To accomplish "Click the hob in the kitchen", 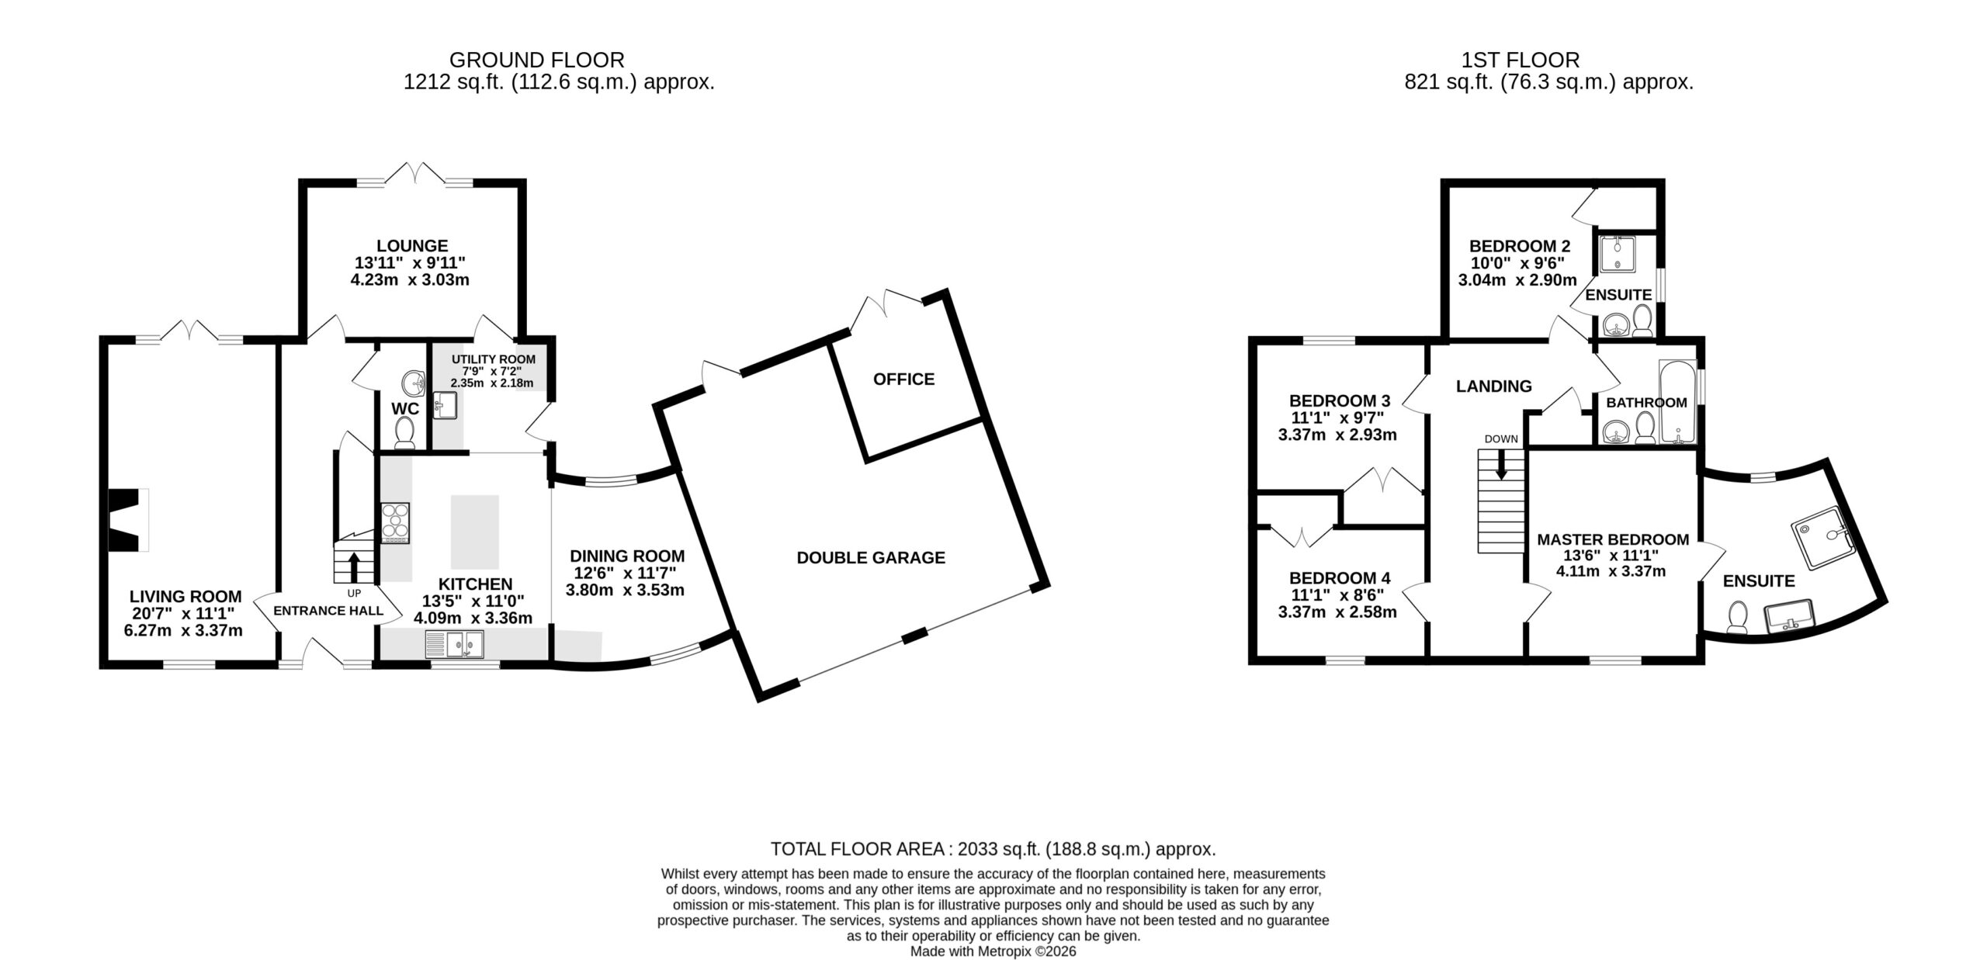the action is click(395, 522).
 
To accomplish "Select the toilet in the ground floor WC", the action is click(404, 433).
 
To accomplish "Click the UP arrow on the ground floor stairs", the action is click(354, 567).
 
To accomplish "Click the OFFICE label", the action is click(903, 379).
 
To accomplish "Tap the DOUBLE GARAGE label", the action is click(871, 557).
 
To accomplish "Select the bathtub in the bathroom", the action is click(1677, 401).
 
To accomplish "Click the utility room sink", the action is click(445, 404).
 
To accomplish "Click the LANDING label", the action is click(1493, 386).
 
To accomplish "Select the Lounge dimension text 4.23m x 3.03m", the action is click(410, 279).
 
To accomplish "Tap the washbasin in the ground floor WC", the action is click(413, 383).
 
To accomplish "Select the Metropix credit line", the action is click(993, 951).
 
